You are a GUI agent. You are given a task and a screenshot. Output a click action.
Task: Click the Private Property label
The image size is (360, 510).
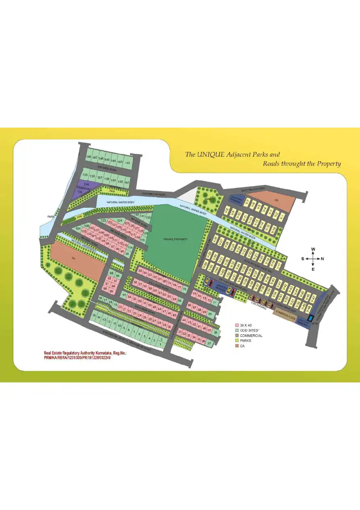[176, 239]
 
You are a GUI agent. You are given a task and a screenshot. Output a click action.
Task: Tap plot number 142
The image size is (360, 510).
[128, 162]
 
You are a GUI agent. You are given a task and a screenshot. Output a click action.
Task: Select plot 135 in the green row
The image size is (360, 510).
[85, 175]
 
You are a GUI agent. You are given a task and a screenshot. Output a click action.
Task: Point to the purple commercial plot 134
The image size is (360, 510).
[86, 184]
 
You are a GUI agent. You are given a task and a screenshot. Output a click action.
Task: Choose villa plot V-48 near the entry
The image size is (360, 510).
[309, 308]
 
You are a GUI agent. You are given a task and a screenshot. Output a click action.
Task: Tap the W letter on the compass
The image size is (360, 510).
[313, 249]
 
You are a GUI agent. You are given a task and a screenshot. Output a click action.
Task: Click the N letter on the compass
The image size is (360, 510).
[322, 258]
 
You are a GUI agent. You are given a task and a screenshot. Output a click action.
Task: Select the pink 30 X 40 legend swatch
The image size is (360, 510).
[237, 325]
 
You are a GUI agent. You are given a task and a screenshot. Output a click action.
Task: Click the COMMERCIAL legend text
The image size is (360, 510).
[251, 336]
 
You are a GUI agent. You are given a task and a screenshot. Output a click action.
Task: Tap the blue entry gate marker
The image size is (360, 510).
[310, 319]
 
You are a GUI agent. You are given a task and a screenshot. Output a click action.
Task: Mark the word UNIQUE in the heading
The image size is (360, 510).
[212, 154]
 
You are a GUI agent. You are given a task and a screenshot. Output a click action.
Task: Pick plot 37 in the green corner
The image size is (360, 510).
[209, 343]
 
